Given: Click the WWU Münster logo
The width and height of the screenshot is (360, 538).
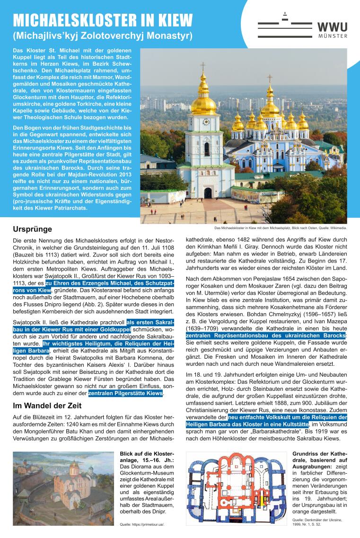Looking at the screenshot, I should [302, 28].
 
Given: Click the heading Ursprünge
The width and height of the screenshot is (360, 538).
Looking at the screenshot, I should [32, 229].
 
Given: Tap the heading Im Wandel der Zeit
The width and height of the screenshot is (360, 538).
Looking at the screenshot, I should [47, 406].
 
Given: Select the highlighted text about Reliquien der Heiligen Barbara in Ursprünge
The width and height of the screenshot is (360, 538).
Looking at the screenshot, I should [90, 347].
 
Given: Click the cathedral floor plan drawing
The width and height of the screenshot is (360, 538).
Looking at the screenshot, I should [237, 487].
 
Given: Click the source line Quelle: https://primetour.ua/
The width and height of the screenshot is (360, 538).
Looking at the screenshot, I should [145, 524].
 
